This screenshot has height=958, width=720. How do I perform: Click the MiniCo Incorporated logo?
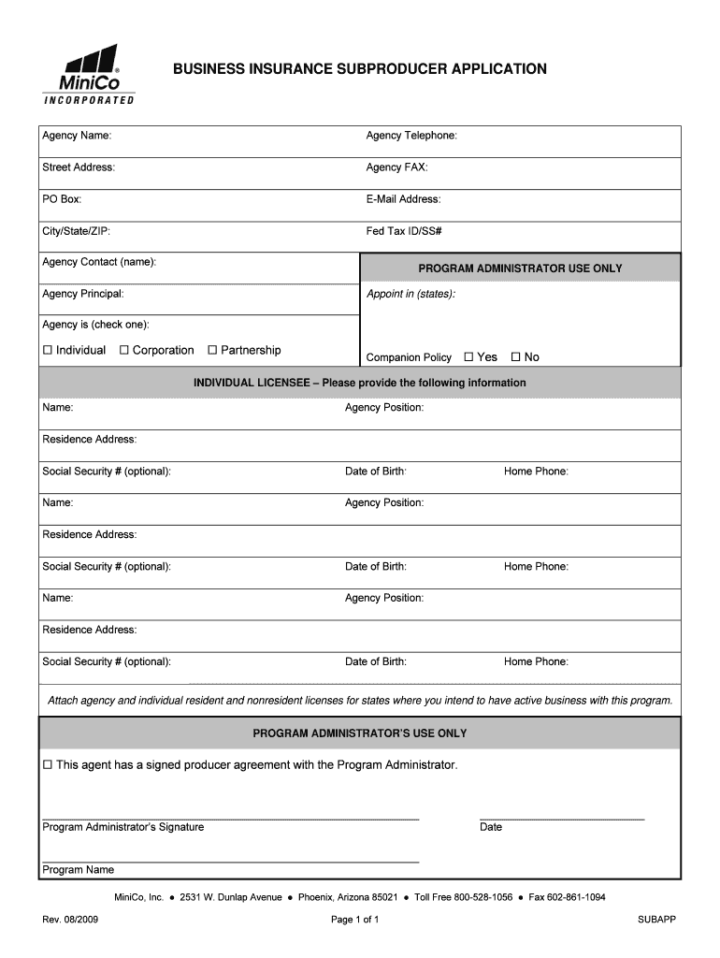coord(89,74)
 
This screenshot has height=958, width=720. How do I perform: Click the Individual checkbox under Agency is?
coord(48,351)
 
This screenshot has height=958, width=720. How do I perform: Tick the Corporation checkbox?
coord(124,351)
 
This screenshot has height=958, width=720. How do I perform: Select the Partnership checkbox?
coord(212,351)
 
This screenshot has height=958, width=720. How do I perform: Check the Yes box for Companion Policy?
coord(469,357)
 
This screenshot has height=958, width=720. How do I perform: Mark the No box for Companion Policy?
coord(515,357)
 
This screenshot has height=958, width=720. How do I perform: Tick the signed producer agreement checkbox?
coord(48,765)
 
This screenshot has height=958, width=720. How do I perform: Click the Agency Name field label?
coord(77,136)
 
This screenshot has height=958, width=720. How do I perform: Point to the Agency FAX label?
coord(396,167)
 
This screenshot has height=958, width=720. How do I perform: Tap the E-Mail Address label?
coord(403,199)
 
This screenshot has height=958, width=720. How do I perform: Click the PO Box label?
coord(62,199)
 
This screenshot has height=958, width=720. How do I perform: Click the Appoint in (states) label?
coord(410,294)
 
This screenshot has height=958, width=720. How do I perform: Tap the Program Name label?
coord(78,870)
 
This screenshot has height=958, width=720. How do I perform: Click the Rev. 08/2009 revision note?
coord(70,920)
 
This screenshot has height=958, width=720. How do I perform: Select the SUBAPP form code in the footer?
coord(656,920)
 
